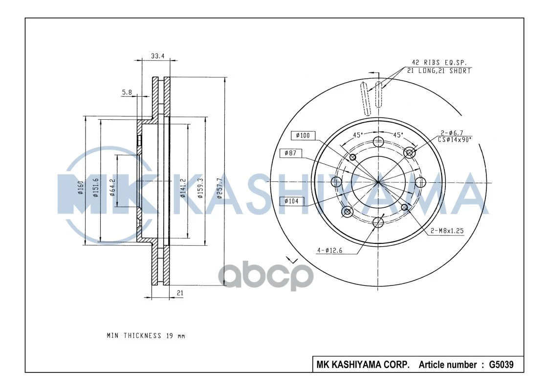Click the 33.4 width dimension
[157, 56]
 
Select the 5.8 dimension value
[127, 92]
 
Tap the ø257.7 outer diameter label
[219, 188]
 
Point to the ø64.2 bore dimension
[112, 188]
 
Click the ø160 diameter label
[81, 188]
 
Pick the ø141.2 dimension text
[182, 188]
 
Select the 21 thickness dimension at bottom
[180, 293]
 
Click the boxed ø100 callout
[303, 135]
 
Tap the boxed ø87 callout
[290, 153]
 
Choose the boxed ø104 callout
[291, 201]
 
